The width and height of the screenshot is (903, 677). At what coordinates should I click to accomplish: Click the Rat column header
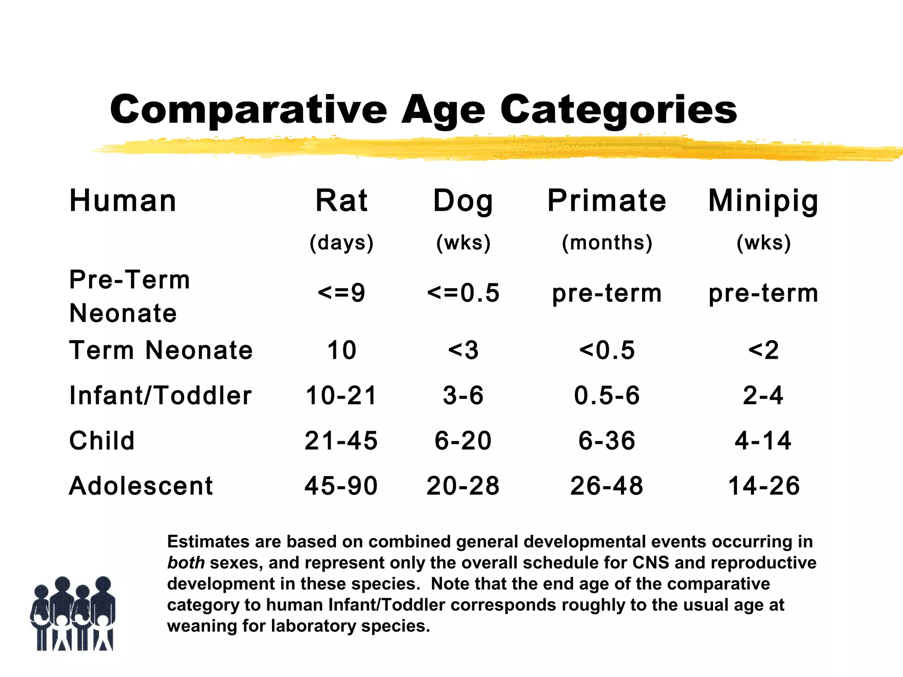click(341, 201)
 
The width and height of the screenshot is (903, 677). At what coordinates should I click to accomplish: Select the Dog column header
click(463, 201)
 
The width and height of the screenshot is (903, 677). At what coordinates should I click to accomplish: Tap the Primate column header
click(607, 201)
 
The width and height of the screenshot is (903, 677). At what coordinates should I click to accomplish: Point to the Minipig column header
click(763, 201)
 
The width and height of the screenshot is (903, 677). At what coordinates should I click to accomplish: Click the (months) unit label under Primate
click(607, 242)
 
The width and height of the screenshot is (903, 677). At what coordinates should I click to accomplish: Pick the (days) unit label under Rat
click(341, 242)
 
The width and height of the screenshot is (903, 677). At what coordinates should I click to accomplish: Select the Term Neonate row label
click(161, 350)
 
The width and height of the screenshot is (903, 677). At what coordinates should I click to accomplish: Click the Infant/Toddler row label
click(160, 395)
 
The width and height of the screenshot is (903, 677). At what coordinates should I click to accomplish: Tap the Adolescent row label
click(141, 486)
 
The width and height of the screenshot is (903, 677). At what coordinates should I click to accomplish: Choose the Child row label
click(102, 441)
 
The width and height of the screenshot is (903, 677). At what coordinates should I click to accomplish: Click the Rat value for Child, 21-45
click(341, 441)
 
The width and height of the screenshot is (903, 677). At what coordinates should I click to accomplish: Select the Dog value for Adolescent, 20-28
click(463, 486)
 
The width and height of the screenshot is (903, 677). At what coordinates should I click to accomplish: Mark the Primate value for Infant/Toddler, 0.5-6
click(607, 395)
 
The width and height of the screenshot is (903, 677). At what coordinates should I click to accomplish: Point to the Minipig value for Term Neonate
click(763, 350)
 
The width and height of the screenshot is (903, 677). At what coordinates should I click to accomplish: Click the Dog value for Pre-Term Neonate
click(463, 293)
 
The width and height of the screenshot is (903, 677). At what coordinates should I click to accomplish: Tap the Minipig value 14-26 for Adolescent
click(763, 486)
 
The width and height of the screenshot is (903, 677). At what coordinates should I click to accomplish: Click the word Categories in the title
click(618, 110)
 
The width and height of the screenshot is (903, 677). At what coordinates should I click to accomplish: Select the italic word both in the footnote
click(186, 563)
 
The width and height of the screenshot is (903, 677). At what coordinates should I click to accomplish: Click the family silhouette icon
click(73, 614)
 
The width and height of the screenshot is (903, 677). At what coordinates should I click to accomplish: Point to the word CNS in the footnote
click(651, 563)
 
